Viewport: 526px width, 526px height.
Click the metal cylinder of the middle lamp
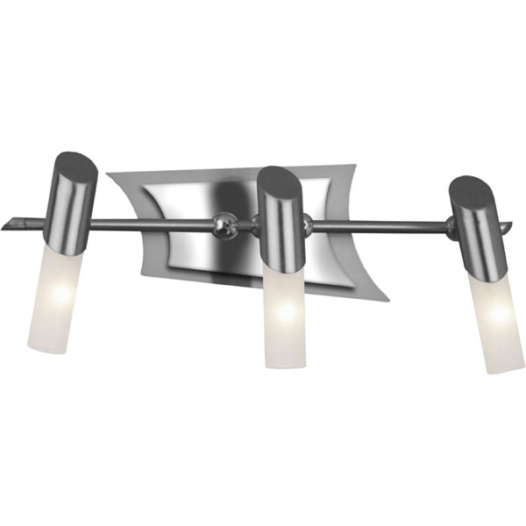pos(282,224)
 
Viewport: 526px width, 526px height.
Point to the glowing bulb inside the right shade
pos(498,312)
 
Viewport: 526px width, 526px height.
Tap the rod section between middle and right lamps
pos(377,226)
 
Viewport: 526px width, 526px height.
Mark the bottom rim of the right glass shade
pos(503,368)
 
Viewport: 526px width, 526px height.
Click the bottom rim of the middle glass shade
pos(282,365)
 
